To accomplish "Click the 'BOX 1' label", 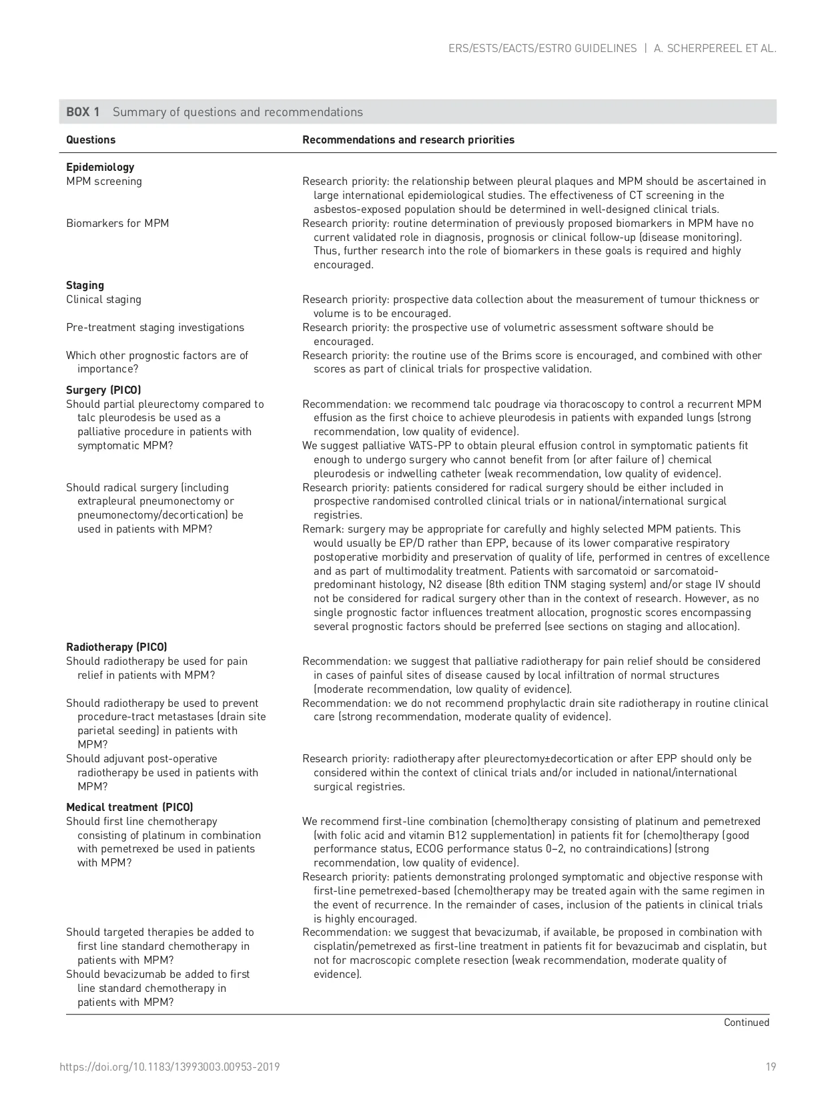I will (x=83, y=112).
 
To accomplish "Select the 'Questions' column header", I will (x=91, y=140).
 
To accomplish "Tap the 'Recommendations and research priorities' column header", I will (x=408, y=140).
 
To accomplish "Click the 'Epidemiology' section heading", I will (x=100, y=168).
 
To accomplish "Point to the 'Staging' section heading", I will (x=85, y=286).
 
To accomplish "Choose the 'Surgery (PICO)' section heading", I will (x=103, y=390).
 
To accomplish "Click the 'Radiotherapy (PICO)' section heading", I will (x=116, y=647).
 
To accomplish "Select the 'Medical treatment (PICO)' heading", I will (x=129, y=808).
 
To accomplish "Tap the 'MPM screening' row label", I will (x=104, y=182).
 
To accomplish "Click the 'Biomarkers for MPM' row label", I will (x=117, y=223).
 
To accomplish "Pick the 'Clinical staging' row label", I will (x=103, y=300).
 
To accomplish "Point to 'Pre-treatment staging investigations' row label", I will (x=155, y=328).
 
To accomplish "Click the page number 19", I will (x=771, y=1067).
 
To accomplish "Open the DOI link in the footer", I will (x=169, y=1067).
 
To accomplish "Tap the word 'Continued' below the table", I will (x=747, y=1023).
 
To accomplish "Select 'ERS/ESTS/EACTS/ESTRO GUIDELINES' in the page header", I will (x=542, y=48).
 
